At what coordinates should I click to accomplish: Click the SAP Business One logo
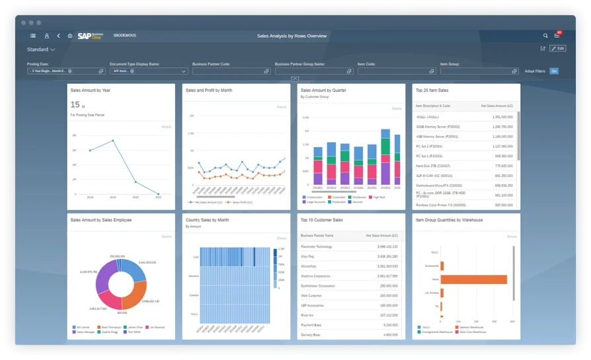[x=91, y=36]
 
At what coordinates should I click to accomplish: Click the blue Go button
[x=554, y=71]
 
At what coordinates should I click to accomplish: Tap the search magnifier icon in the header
[x=545, y=36]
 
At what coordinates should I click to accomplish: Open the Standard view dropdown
[x=41, y=50]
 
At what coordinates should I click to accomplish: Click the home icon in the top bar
[x=70, y=36]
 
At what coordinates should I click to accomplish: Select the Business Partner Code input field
[x=229, y=71]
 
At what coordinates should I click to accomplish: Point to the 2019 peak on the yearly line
[x=113, y=141]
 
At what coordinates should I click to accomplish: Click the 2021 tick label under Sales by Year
[x=158, y=197]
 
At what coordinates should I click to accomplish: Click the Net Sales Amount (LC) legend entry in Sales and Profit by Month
[x=204, y=202]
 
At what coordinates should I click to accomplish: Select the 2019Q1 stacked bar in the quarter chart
[x=318, y=165]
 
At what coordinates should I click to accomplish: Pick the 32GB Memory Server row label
[x=438, y=126]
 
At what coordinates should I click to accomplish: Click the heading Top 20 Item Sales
[x=432, y=90]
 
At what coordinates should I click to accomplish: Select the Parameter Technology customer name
[x=317, y=246]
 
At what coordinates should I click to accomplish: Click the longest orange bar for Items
[x=473, y=279]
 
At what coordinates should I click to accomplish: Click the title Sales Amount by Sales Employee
[x=100, y=220]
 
